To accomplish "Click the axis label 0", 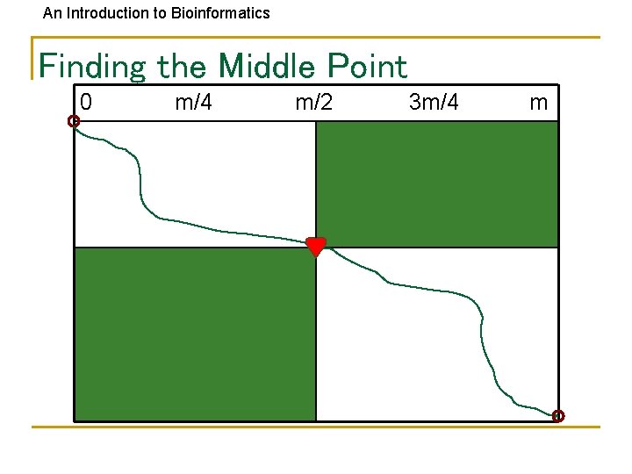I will pos(86,103).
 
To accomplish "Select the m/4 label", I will pos(193,103).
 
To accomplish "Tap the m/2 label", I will pos(314,103).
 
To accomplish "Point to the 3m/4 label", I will pos(434,103).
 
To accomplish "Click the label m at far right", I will pos(538,103).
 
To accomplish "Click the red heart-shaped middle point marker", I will pos(316,247).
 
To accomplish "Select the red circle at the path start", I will pos(74,121).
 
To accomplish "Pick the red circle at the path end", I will pos(558,416).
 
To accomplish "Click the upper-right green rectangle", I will pos(436,183).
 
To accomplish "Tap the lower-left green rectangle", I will pos(195,334).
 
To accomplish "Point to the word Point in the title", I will pos(368,66).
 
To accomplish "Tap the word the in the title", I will pos(183,66).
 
